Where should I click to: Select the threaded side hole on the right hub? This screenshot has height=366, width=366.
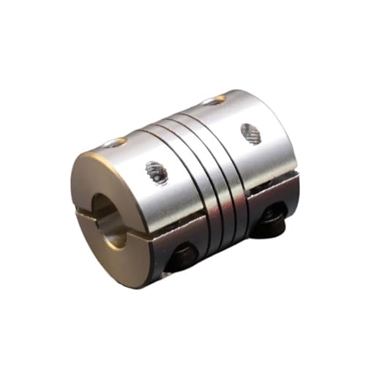click(x=250, y=132)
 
